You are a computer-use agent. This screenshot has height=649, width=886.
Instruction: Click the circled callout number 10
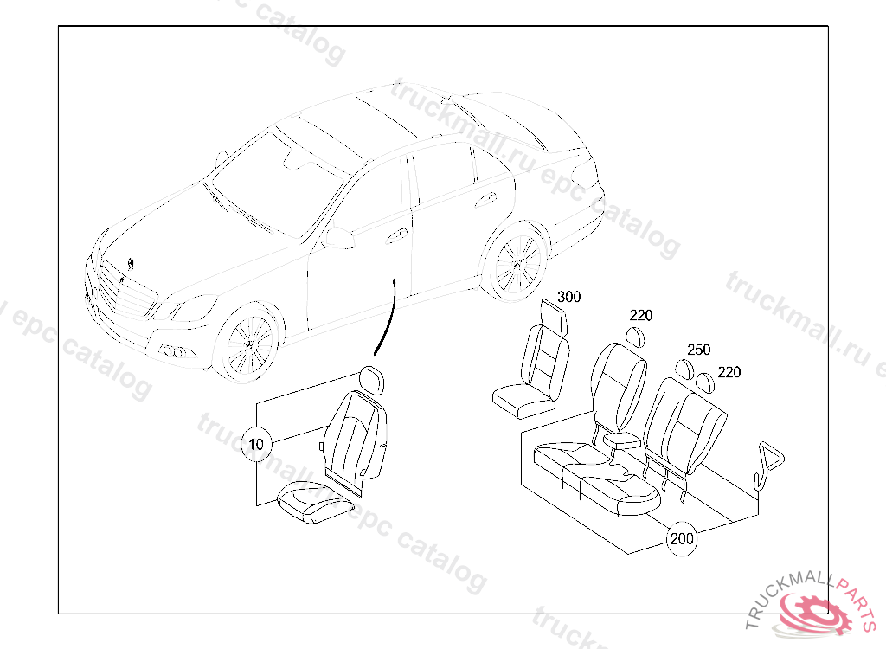[255, 445]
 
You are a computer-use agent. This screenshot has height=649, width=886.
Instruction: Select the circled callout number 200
[682, 538]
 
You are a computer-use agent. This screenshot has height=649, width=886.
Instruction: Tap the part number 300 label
[568, 297]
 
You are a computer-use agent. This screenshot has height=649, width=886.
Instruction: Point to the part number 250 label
[698, 350]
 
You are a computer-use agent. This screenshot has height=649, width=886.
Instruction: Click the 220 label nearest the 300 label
[641, 316]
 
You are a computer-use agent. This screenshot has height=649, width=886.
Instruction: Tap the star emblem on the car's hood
[129, 263]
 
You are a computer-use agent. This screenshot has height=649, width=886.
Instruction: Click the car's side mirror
[340, 238]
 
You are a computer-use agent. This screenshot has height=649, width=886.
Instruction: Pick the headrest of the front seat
[373, 380]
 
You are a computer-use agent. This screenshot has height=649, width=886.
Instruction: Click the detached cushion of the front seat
[312, 501]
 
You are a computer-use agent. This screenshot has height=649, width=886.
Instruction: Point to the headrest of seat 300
[554, 315]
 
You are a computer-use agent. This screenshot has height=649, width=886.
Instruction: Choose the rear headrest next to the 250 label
[685, 368]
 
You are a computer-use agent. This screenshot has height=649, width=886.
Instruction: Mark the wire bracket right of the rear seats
[766, 465]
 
